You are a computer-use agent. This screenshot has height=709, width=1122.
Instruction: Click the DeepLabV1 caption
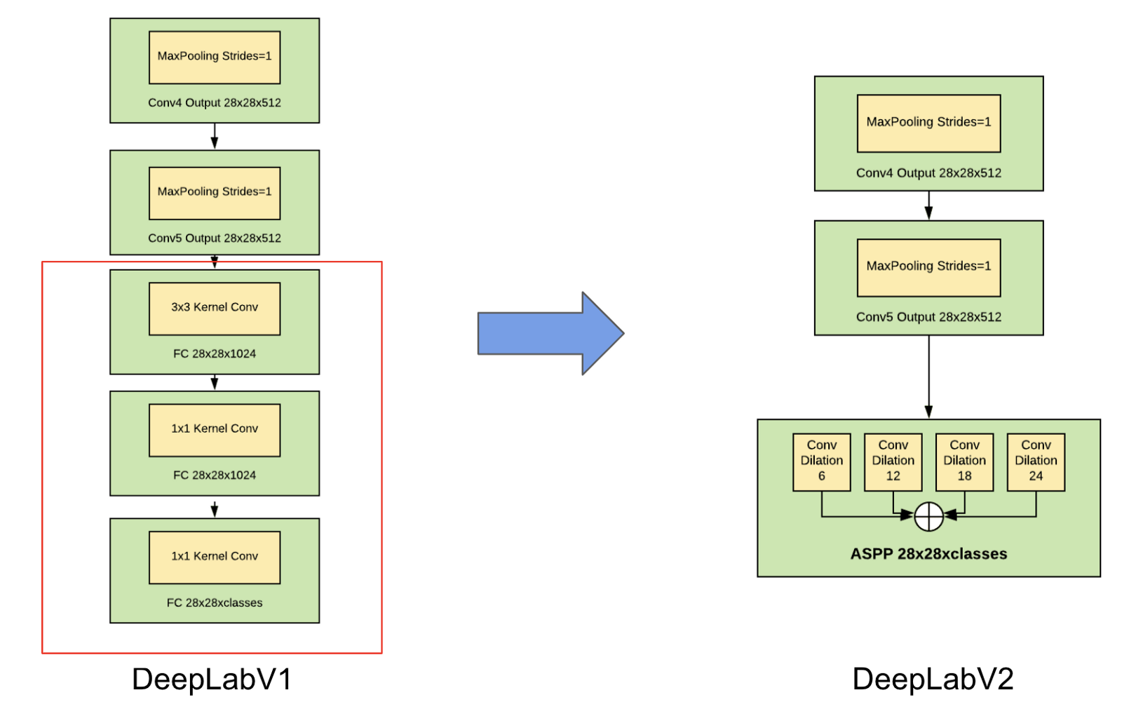coord(212,679)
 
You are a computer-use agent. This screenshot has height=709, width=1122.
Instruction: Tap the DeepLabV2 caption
coord(933,679)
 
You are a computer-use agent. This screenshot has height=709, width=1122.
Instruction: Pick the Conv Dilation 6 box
coord(821,461)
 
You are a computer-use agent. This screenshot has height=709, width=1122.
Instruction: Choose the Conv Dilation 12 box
coord(893,461)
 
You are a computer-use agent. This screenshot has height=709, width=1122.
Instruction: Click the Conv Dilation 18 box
coord(964,461)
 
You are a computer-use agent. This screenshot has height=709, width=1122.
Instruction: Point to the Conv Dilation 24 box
coord(1036,461)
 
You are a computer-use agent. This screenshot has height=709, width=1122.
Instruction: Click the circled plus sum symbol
coord(928,517)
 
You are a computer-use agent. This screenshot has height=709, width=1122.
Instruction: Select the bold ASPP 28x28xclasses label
coord(928,554)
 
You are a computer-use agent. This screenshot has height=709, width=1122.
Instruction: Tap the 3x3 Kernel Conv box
coord(215,309)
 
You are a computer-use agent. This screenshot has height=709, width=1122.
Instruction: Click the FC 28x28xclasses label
coord(215,602)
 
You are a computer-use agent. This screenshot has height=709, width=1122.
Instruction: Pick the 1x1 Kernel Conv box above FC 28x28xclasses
coord(215,557)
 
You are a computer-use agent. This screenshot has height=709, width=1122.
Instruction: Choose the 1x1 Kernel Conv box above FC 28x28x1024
coord(215,430)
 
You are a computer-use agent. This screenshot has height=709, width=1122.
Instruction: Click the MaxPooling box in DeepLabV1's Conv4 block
coord(215,57)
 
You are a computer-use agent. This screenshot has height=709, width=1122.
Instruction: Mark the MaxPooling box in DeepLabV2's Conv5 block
coord(928,267)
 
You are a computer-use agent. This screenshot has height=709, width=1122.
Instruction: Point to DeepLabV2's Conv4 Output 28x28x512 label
coord(928,173)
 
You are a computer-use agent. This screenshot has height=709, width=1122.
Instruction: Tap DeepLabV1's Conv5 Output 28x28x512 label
coord(215,238)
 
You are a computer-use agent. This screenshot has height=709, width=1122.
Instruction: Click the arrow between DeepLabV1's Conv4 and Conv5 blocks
coord(215,136)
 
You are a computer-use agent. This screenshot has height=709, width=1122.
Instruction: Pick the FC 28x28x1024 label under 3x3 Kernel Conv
coord(215,353)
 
